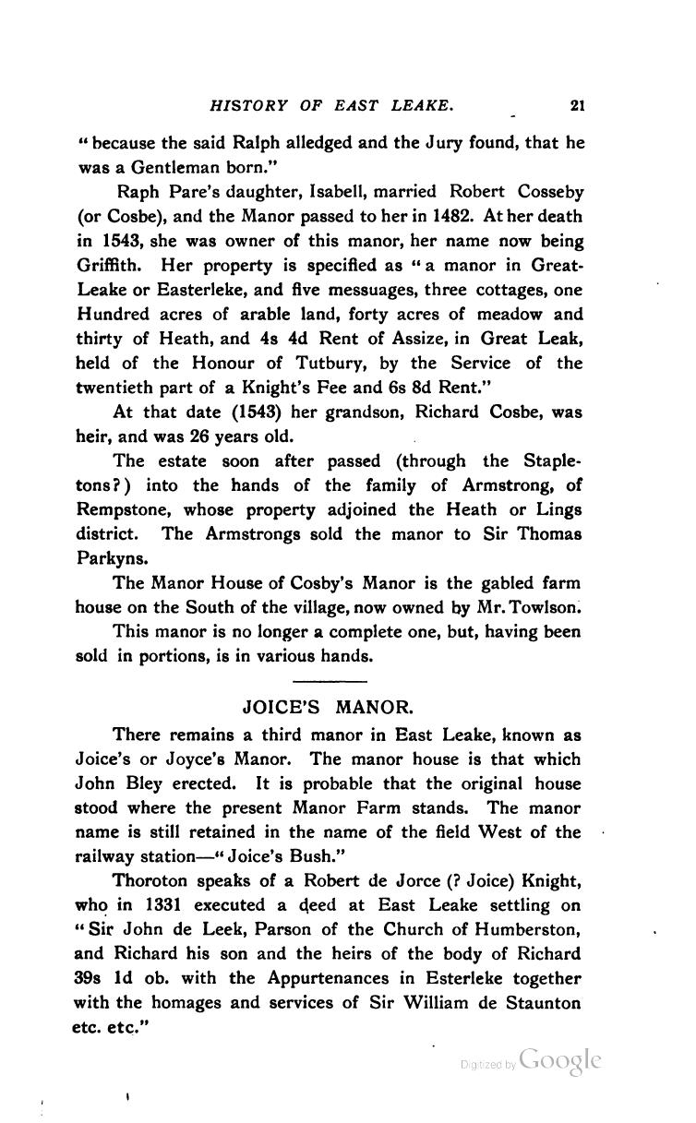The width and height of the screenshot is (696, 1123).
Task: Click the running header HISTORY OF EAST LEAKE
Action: pos(332,107)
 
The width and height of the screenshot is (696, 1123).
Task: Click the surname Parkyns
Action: pos(109,558)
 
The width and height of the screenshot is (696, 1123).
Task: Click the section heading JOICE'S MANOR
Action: pos(329,710)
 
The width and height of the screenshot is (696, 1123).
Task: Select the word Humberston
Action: pos(529,930)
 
